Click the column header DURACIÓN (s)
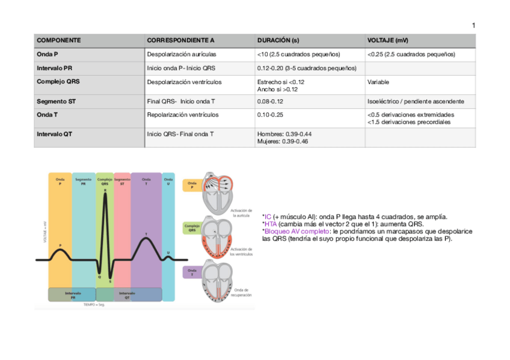[x=278, y=40]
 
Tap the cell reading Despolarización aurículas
[x=182, y=54]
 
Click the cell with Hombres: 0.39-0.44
[x=284, y=134]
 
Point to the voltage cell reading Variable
[x=378, y=82]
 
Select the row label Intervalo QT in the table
[x=54, y=134]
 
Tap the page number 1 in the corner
[x=473, y=25]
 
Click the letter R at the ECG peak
[x=105, y=190]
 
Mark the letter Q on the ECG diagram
[x=99, y=277]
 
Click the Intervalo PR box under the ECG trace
[x=73, y=295]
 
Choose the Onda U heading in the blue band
[x=168, y=181]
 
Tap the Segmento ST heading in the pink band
[x=122, y=181]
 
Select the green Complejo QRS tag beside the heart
[x=192, y=228]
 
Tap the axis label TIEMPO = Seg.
[x=94, y=305]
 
